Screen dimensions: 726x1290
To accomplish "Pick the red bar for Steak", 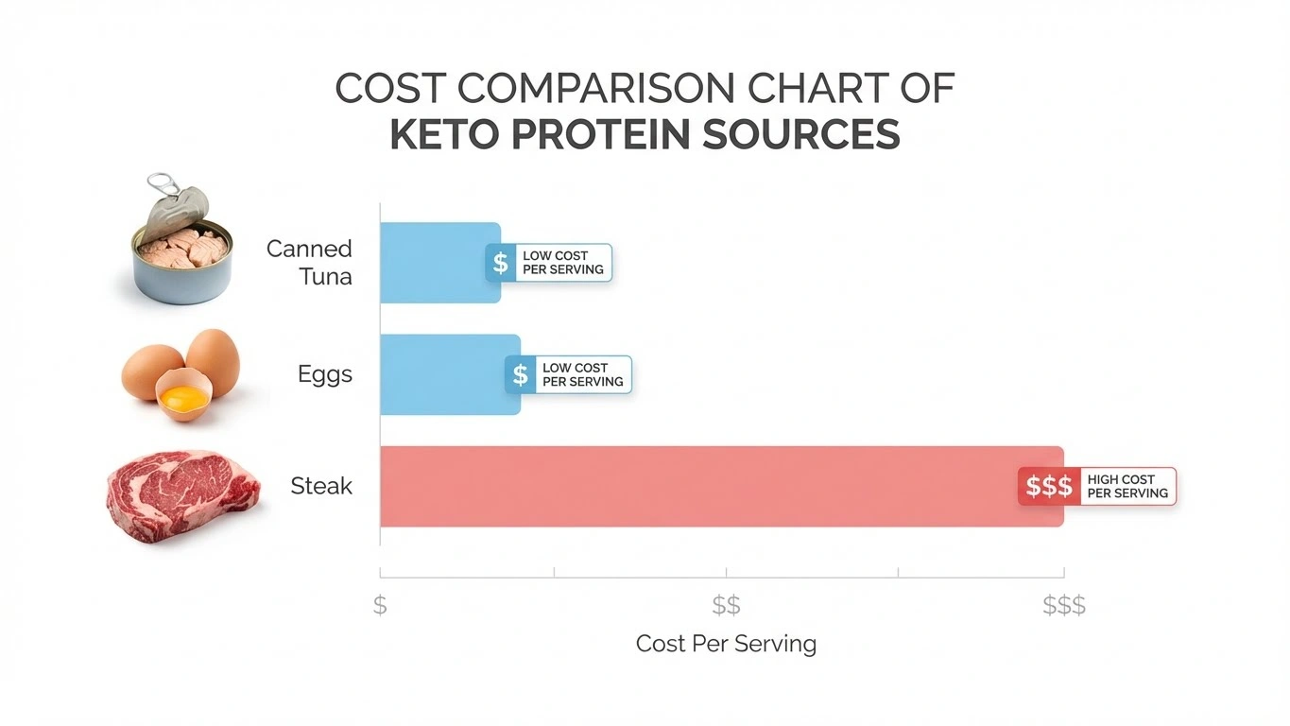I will (x=699, y=486).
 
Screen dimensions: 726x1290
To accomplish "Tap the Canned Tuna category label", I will (x=309, y=263).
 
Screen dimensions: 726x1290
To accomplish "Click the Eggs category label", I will (x=324, y=374).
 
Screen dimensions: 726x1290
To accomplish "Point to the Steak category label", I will (x=321, y=487).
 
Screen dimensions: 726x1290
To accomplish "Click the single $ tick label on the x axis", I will (x=380, y=605).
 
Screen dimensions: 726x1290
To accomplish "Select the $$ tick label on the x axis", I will (x=726, y=605).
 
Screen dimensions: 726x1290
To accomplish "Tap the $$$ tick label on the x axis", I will (x=1064, y=605).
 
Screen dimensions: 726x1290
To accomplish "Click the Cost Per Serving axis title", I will (x=726, y=644).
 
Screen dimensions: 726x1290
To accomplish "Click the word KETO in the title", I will (x=443, y=134).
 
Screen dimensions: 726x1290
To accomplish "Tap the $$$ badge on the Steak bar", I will (x=1049, y=487).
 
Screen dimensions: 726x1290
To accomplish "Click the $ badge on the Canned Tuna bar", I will (x=501, y=263).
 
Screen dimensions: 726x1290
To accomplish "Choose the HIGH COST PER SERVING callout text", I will (x=1127, y=487).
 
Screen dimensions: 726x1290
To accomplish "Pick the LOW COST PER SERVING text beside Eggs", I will (x=582, y=375).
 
